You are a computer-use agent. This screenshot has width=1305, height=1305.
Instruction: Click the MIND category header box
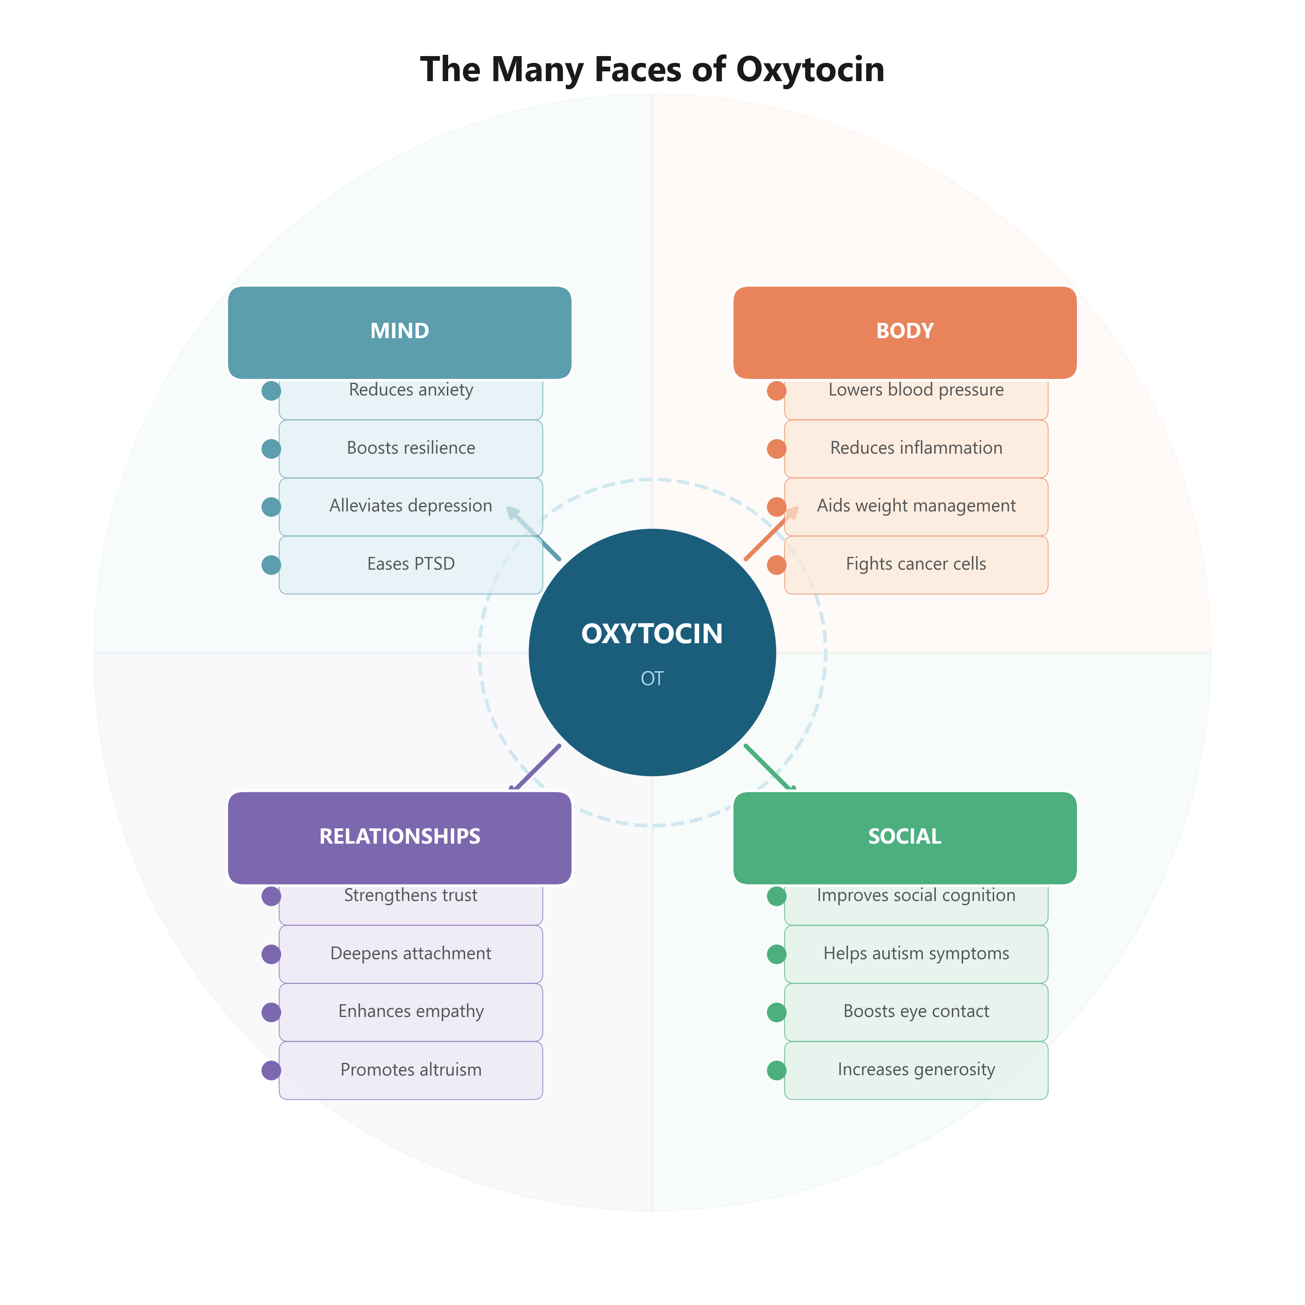coord(399,332)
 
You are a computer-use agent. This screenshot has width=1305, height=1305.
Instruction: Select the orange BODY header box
coord(904,332)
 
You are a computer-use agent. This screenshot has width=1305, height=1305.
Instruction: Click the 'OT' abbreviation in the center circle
coord(652,678)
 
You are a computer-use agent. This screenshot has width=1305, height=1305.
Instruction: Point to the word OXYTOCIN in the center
coord(652,633)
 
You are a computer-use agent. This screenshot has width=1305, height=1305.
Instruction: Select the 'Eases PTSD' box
coord(411,565)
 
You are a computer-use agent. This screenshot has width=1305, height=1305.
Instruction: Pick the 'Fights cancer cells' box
coord(916,565)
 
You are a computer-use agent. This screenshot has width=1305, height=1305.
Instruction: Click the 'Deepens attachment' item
coord(411,954)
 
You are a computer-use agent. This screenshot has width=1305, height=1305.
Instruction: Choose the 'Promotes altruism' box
coord(411,1070)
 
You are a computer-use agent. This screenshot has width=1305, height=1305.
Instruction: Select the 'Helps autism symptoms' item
coord(916,954)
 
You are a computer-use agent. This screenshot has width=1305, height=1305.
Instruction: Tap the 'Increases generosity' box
coord(916,1070)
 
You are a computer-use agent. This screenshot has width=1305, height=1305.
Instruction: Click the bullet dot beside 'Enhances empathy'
coord(271,1012)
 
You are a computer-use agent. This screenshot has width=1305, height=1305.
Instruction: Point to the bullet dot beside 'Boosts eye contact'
coord(776,1012)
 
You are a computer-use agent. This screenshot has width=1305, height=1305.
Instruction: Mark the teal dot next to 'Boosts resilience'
coord(271,449)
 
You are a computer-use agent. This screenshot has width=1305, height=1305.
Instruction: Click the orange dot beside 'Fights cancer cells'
coord(776,565)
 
